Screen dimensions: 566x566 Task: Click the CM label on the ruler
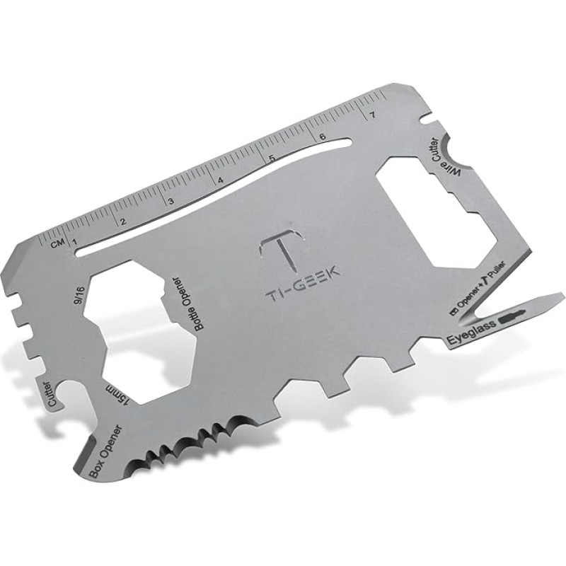click(59, 246)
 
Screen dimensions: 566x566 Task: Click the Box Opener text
click(104, 450)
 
